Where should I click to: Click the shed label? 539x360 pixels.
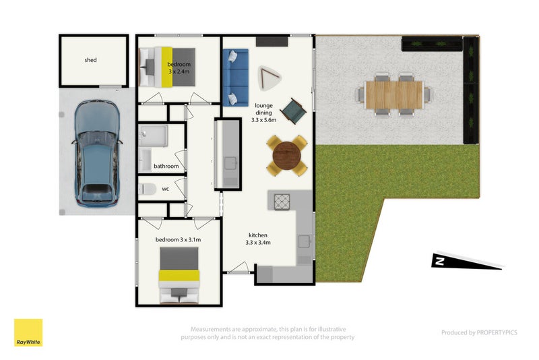(90, 60)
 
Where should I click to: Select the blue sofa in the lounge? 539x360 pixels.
(235, 76)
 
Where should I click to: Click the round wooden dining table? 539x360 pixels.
(286, 156)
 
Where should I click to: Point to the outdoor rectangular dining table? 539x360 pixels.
(393, 94)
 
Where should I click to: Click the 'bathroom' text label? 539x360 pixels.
(166, 166)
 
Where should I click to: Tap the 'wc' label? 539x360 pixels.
(165, 189)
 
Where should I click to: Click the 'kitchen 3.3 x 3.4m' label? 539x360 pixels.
(258, 238)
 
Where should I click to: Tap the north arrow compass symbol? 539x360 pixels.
(465, 262)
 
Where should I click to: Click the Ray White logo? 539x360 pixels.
(28, 333)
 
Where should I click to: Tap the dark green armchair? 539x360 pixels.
(294, 111)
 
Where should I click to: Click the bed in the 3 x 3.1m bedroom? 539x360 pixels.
(179, 275)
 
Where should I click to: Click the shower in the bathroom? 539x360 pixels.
(154, 137)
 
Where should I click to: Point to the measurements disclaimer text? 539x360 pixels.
(268, 332)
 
